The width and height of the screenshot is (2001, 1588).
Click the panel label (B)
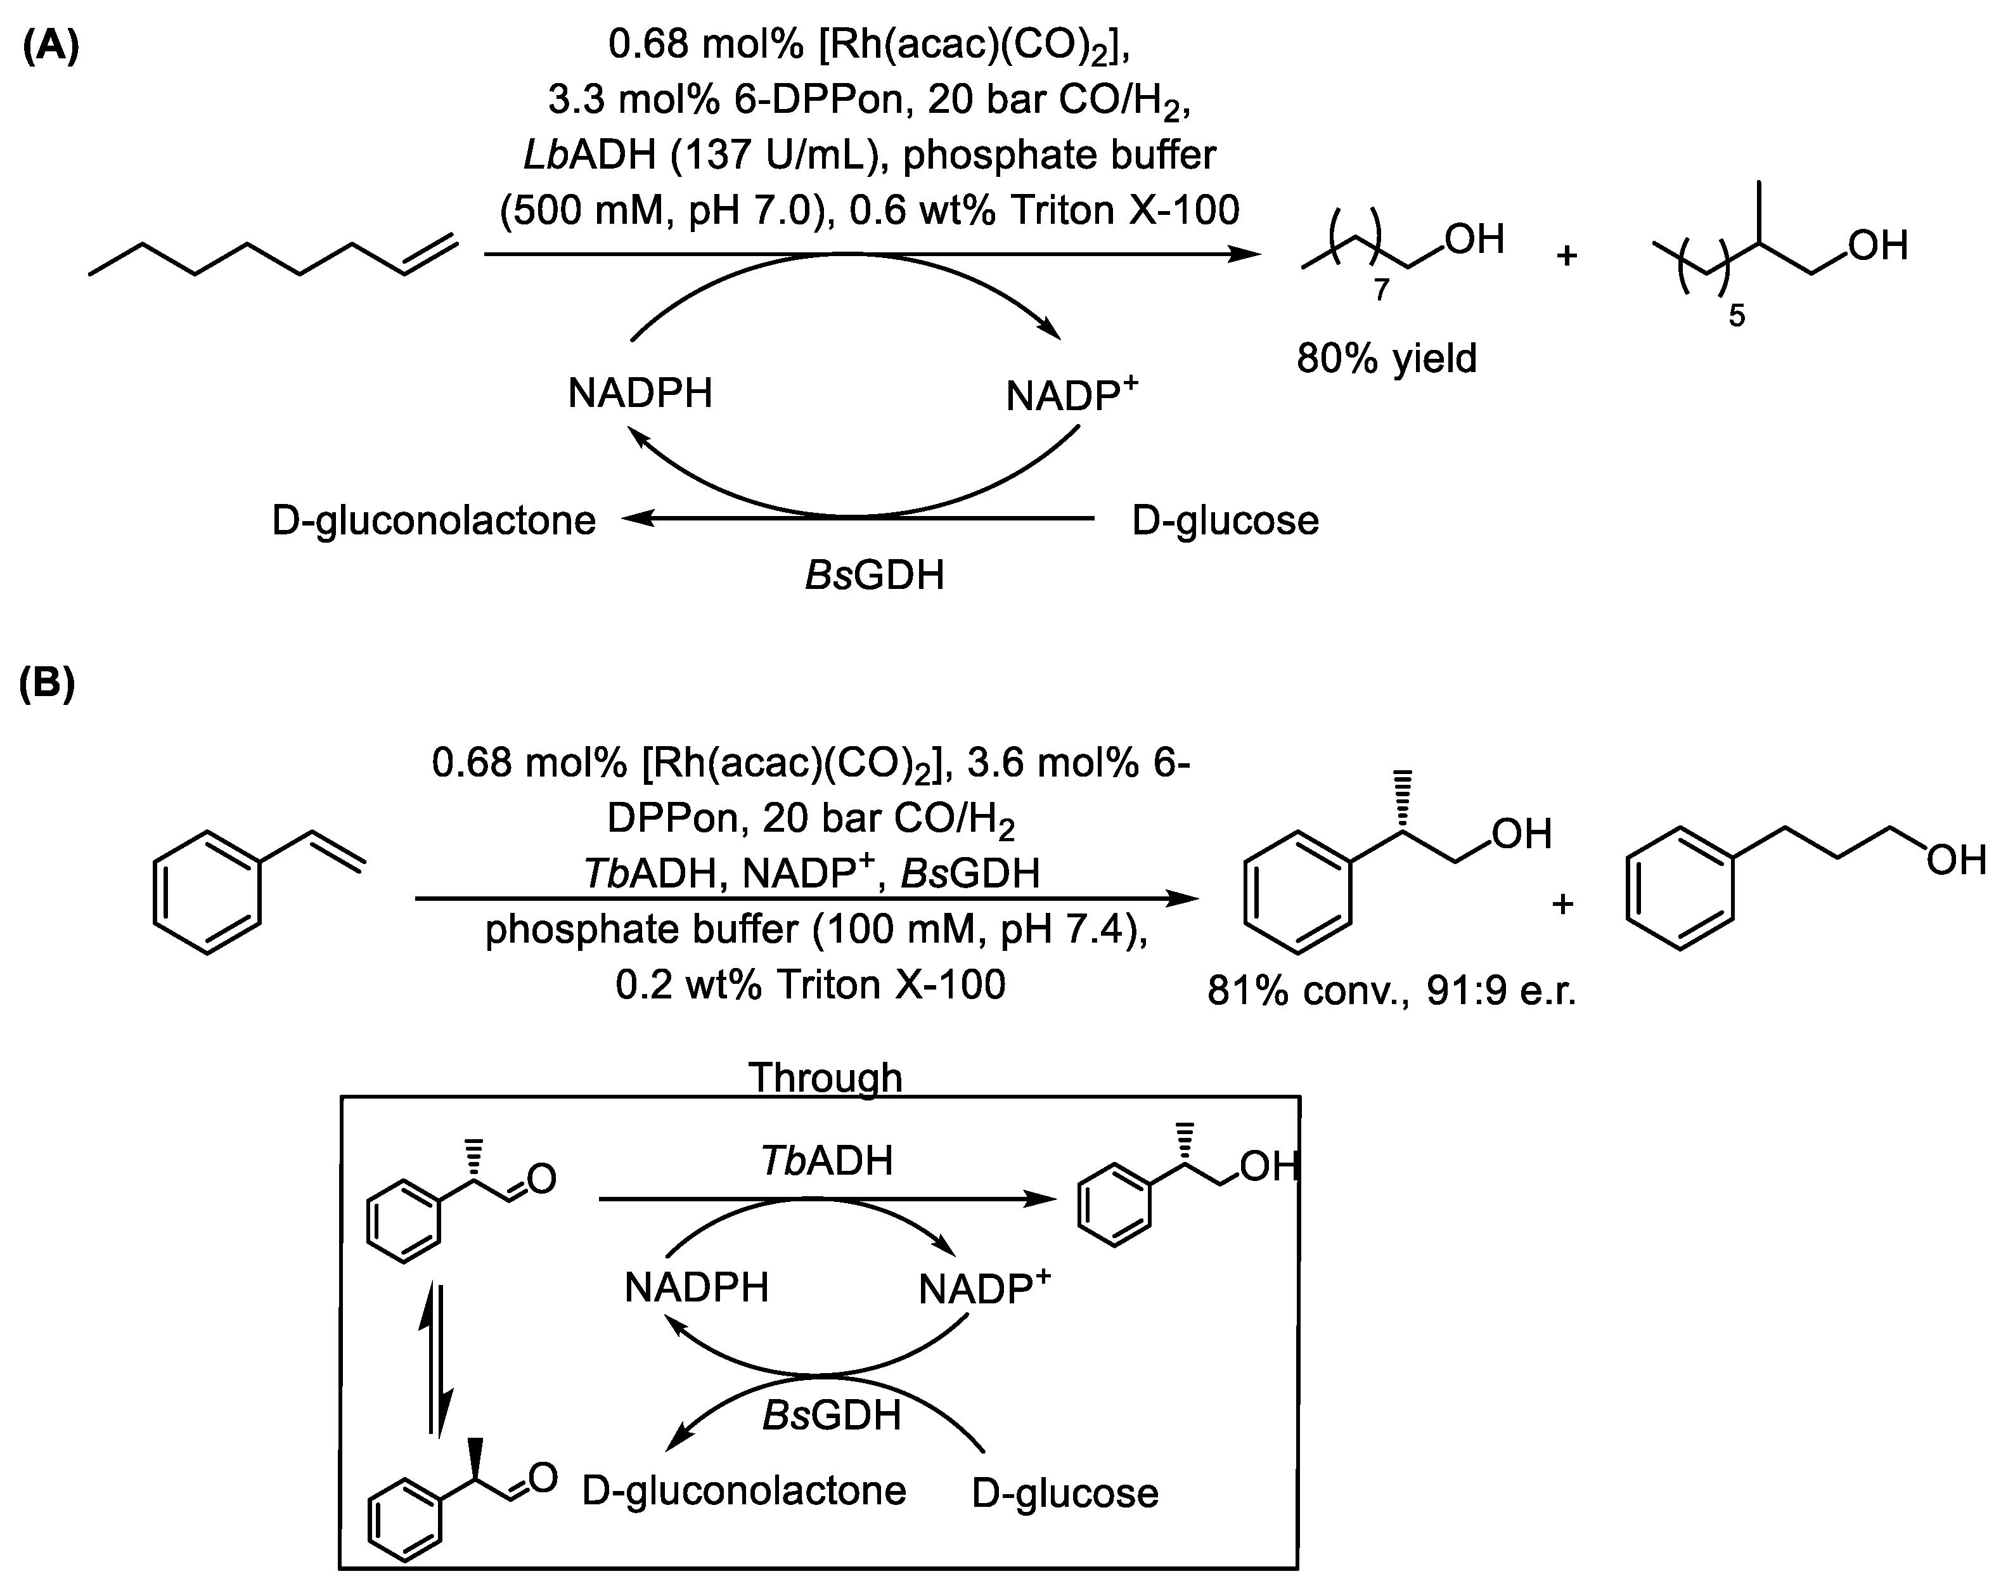46,684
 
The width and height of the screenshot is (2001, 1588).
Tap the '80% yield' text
1386,358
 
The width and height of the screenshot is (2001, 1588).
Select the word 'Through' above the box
825,1078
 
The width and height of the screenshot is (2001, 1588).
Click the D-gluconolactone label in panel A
434,520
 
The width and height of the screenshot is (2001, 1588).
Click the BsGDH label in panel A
874,576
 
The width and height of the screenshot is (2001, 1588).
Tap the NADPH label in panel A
640,394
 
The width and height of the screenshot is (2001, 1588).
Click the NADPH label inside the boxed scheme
696,1288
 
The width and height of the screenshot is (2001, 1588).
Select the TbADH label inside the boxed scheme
827,1161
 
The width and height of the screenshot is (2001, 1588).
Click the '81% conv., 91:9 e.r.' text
1392,992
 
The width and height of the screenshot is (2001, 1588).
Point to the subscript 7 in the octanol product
1381,290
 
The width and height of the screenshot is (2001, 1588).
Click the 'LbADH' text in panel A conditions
589,155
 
